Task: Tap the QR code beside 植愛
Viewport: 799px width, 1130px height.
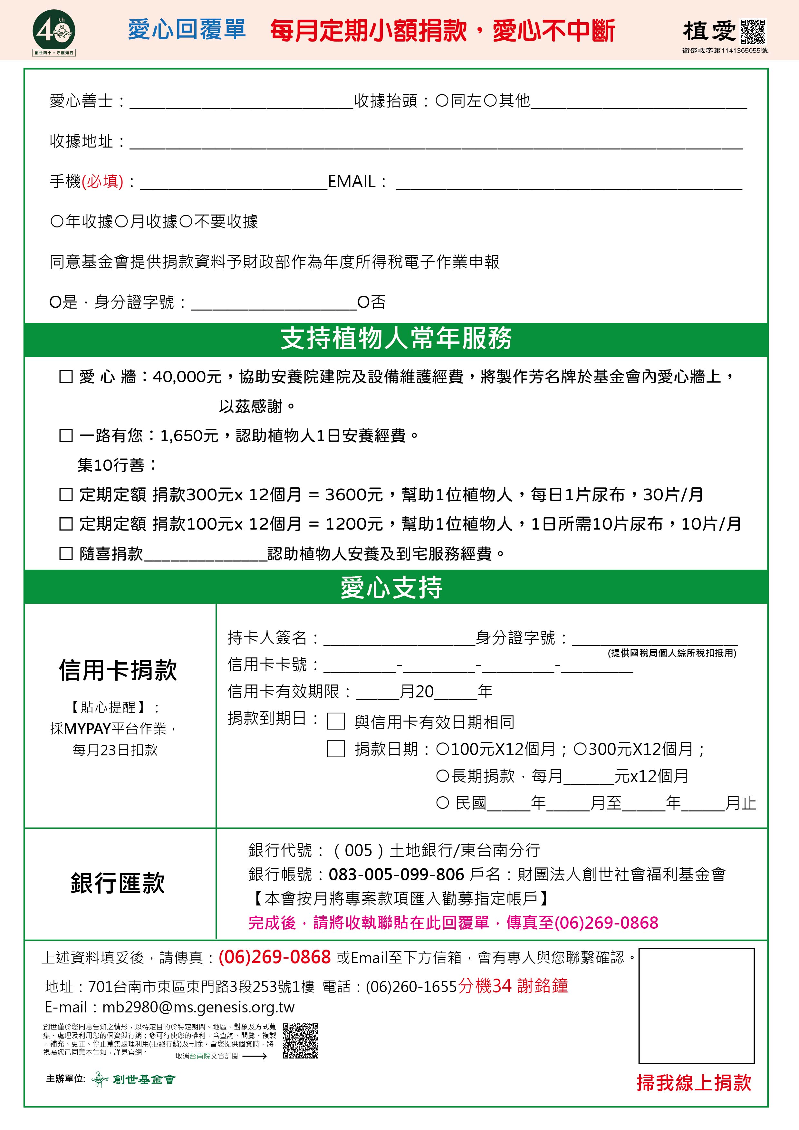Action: (753, 32)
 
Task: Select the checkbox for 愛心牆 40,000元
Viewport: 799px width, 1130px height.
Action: (66, 377)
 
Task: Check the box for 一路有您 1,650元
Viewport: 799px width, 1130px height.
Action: (66, 436)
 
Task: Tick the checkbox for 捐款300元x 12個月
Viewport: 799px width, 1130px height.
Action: (66, 495)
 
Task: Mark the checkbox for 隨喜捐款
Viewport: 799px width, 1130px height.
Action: (66, 554)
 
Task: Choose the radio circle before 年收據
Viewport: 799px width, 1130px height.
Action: (57, 222)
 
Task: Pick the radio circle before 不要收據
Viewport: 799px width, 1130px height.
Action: (186, 222)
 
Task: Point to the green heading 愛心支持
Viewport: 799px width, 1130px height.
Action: (391, 588)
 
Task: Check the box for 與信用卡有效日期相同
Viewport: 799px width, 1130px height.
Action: (336, 722)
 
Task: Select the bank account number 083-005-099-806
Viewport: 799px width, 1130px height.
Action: (396, 874)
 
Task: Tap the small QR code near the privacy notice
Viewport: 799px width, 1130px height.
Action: (300, 1041)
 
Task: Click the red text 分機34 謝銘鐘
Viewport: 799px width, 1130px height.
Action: (513, 986)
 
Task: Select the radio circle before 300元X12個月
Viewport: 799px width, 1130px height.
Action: (580, 749)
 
